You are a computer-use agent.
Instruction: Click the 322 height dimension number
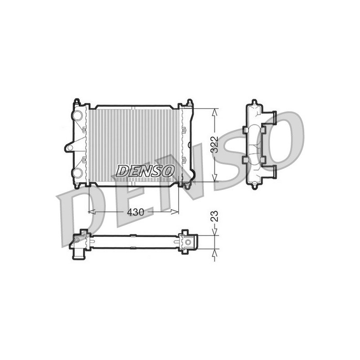[215, 145]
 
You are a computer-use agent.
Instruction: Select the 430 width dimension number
[135, 212]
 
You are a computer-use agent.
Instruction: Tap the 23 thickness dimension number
[215, 216]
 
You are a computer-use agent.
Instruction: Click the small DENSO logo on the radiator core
[145, 171]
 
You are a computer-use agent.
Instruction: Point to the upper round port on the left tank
[77, 115]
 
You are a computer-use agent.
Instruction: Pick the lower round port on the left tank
[77, 173]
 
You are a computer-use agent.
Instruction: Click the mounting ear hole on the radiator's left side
[70, 148]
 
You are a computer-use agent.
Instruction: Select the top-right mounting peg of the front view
[189, 102]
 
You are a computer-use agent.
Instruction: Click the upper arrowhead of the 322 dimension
[215, 113]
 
